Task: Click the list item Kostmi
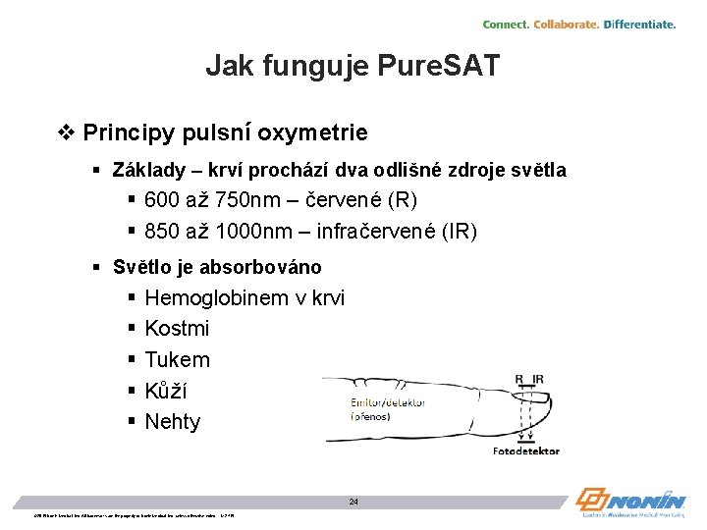pos(177,329)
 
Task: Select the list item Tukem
pos(177,360)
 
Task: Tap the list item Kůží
pos(166,391)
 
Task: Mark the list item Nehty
pos(172,422)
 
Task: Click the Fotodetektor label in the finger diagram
pos(525,451)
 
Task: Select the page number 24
pos(353,502)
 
